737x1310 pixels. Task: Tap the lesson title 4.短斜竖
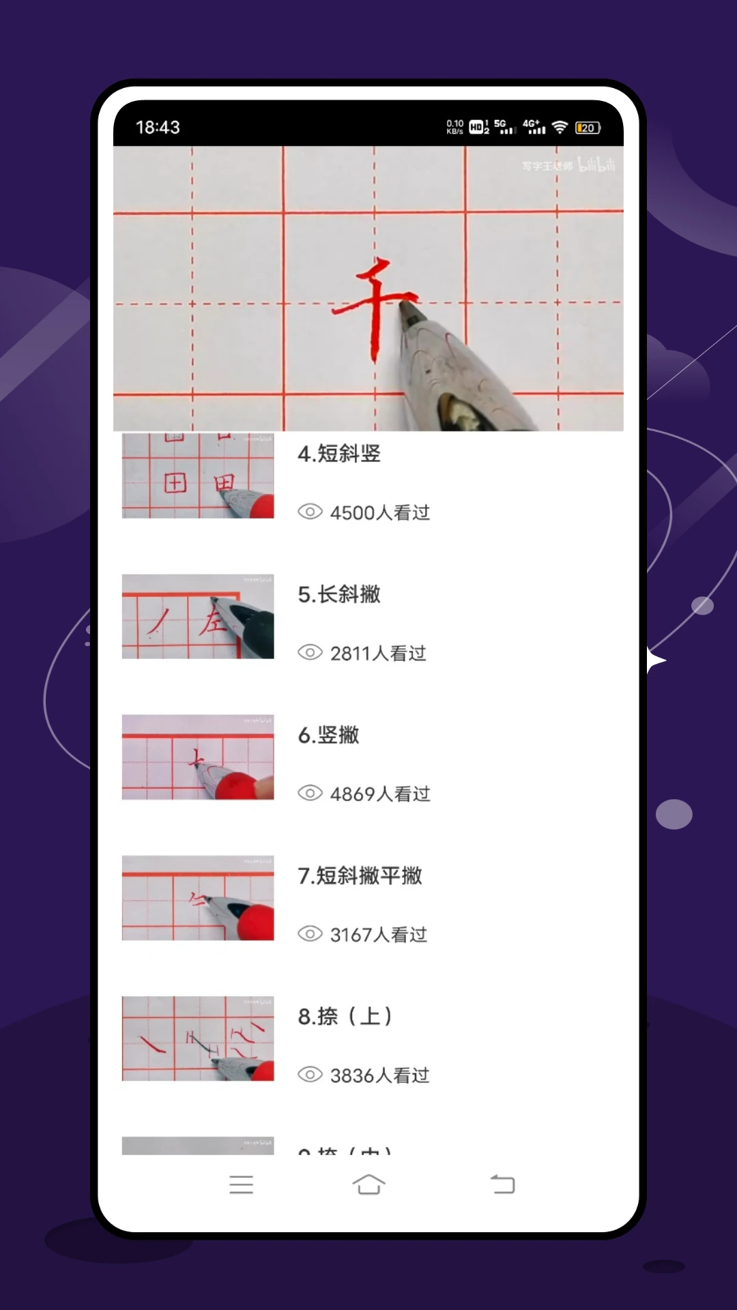(x=339, y=454)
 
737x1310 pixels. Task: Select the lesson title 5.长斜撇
(x=339, y=594)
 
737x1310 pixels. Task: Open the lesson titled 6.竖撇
(x=328, y=735)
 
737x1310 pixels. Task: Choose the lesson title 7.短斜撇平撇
(x=360, y=875)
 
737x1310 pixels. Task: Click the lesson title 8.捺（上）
(x=345, y=1017)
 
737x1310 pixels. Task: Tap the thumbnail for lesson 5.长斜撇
(x=198, y=617)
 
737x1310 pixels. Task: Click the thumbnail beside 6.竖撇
(x=198, y=757)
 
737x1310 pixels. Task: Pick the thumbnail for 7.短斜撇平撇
(x=198, y=898)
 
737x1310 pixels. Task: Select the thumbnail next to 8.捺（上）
(x=198, y=1038)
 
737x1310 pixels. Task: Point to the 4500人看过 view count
(x=379, y=512)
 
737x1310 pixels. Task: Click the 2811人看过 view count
(x=377, y=654)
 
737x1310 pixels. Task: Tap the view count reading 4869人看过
(x=379, y=794)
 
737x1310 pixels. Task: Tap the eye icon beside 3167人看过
(x=310, y=934)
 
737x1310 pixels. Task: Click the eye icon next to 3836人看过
(x=310, y=1075)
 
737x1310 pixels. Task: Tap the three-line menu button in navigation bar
(x=241, y=1184)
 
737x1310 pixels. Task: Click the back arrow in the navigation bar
(x=503, y=1184)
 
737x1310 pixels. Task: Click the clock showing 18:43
(x=158, y=128)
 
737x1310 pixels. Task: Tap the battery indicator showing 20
(x=588, y=128)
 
